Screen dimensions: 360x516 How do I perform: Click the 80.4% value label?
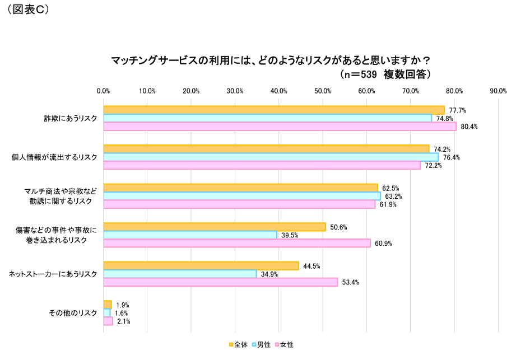(469, 127)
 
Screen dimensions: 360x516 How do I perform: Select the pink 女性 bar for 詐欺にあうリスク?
(280, 127)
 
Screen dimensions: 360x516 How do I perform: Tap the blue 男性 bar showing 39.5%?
(190, 235)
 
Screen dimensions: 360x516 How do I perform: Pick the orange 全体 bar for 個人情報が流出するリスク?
(266, 149)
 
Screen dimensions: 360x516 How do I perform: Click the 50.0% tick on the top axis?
(323, 91)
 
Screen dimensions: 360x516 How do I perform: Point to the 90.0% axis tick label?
(498, 91)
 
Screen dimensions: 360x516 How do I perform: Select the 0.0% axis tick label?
(104, 91)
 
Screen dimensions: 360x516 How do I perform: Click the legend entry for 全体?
(239, 344)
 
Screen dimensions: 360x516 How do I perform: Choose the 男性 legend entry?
(261, 344)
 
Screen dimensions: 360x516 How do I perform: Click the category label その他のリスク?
(73, 313)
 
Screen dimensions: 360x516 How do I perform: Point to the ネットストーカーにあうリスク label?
(53, 274)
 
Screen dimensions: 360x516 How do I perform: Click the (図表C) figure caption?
(28, 10)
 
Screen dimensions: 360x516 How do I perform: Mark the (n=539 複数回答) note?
(385, 74)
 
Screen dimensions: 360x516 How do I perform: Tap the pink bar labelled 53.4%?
(221, 282)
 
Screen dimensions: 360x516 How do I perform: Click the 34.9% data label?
(269, 274)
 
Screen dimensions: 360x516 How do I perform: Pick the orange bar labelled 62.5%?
(240, 188)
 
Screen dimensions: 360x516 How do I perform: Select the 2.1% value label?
(123, 321)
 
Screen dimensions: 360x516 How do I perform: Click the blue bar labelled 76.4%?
(271, 157)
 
